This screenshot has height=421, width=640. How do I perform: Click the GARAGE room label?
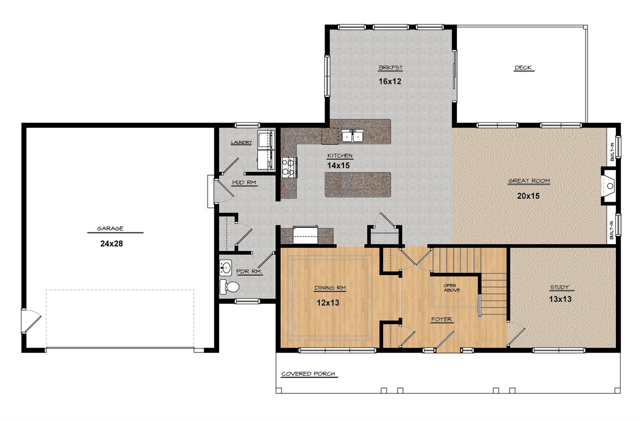click(110, 228)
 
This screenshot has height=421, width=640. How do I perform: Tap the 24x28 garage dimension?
click(111, 244)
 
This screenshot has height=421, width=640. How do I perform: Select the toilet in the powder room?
click(229, 287)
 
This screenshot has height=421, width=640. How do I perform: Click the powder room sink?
click(225, 268)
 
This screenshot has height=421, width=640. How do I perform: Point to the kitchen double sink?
click(352, 136)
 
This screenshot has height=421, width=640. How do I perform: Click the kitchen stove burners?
click(288, 167)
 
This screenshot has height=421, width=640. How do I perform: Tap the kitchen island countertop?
click(357, 184)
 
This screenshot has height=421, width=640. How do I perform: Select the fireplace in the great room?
click(609, 186)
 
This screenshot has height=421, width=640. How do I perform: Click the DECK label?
click(523, 67)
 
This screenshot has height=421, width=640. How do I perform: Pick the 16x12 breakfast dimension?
click(389, 81)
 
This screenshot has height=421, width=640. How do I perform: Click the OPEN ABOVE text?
click(451, 288)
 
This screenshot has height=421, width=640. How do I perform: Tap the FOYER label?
click(441, 320)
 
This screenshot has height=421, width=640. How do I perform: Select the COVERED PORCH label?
click(308, 374)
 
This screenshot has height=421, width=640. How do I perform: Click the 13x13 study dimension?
click(560, 299)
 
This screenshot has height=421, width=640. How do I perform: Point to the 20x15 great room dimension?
click(528, 196)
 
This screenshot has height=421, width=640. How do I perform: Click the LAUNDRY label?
click(241, 142)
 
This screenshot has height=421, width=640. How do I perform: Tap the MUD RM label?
click(244, 182)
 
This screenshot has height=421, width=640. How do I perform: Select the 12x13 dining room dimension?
click(328, 303)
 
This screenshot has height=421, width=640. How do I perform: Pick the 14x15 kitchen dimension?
click(338, 165)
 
